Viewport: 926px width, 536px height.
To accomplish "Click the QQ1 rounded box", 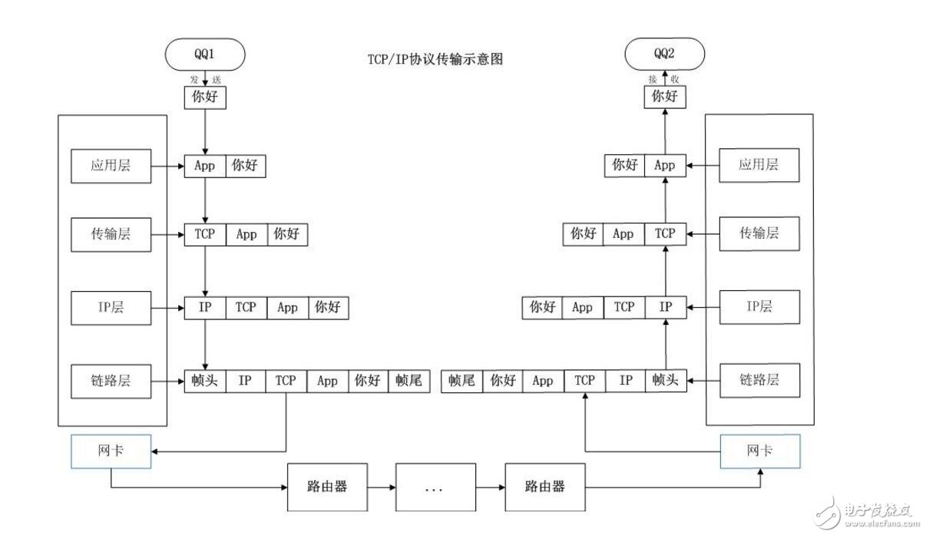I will (205, 55).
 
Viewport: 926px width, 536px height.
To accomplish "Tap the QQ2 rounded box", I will (664, 55).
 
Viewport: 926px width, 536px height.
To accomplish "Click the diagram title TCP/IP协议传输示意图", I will (435, 59).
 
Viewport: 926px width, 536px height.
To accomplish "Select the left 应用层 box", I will (111, 165).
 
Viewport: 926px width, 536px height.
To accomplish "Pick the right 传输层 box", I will (759, 233).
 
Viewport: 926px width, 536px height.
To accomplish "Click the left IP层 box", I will (111, 307).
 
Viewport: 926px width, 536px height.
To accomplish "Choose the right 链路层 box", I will (759, 379).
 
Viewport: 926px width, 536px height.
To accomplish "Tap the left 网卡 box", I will (111, 451).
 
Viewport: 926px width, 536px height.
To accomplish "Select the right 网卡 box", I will (759, 451).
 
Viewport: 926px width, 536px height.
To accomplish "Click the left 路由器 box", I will (328, 487).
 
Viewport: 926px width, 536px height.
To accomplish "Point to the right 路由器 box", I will (545, 487).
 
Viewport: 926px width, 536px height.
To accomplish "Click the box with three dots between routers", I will (435, 487).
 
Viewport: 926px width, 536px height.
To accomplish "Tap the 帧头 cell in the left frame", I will (204, 380).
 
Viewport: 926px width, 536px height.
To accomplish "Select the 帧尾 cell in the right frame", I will (461, 380).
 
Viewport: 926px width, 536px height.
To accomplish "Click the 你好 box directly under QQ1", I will (205, 98).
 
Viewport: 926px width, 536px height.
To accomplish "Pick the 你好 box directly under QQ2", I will (664, 98).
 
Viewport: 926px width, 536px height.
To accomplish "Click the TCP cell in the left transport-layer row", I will (205, 234).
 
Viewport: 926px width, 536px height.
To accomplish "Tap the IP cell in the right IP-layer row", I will (665, 307).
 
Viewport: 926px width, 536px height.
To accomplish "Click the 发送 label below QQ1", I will (205, 79).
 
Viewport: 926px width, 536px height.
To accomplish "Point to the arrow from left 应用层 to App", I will (167, 165).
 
